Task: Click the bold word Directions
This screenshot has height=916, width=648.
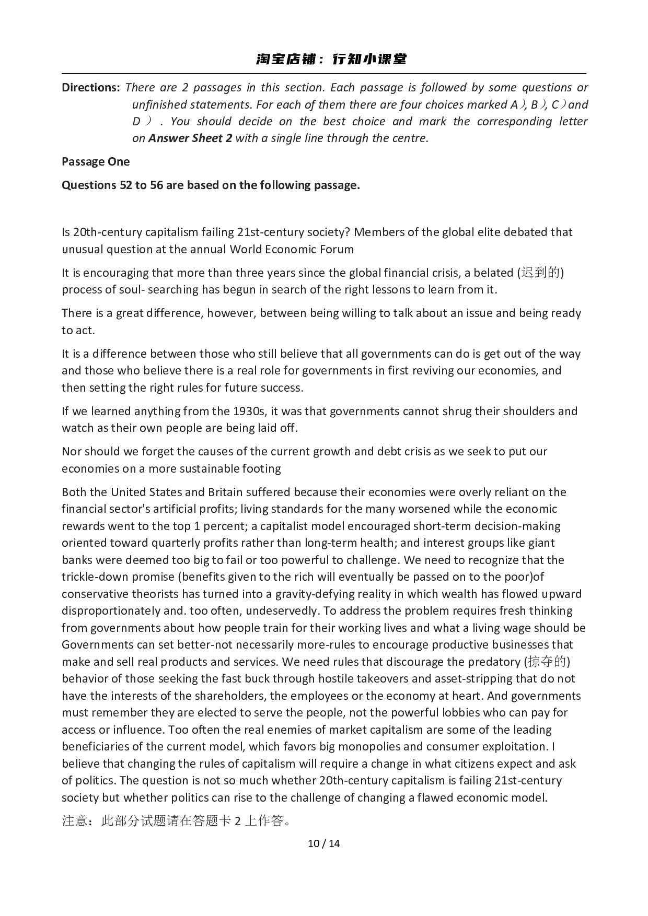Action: coord(91,88)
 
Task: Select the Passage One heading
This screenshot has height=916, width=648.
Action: coord(96,162)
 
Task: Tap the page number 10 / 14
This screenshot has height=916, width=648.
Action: coord(324,843)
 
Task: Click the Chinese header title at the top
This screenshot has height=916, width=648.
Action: coord(331,59)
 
